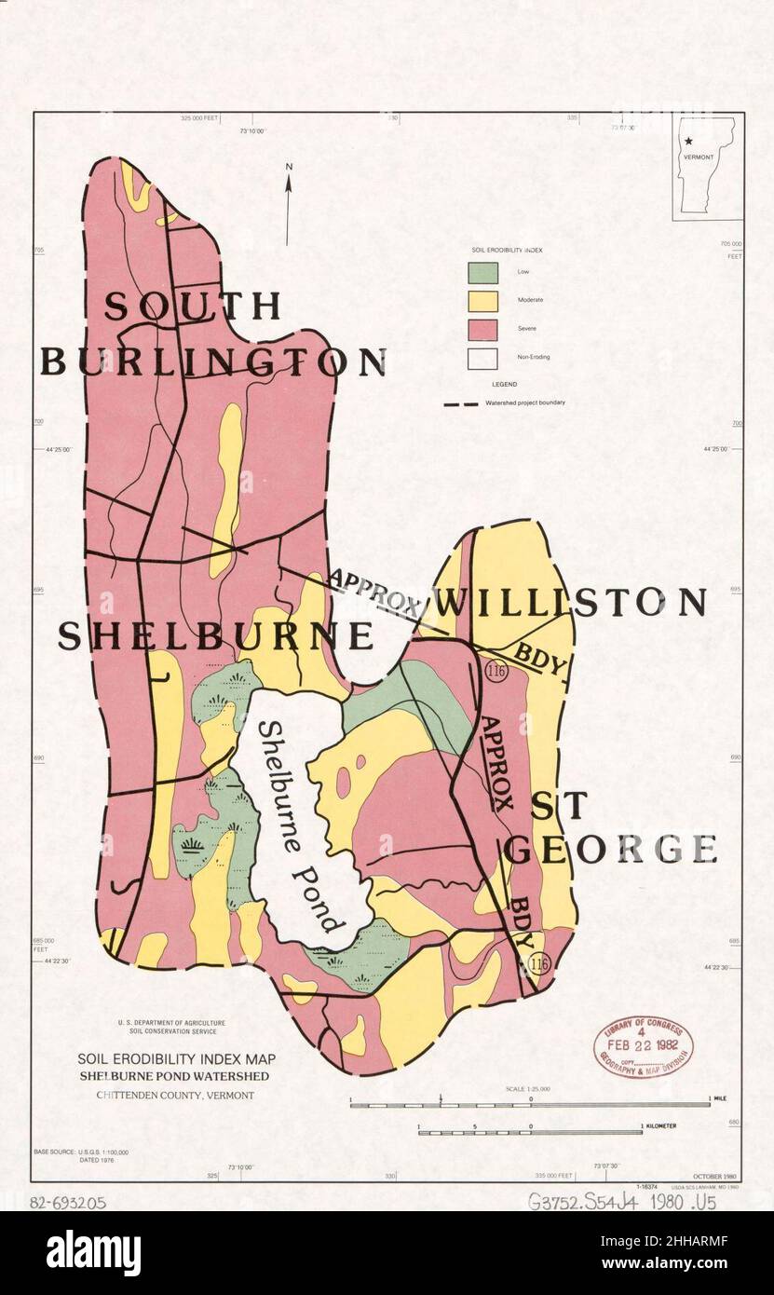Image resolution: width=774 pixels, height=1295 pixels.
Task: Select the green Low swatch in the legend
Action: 482,271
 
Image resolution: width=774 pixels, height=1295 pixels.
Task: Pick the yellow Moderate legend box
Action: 482,300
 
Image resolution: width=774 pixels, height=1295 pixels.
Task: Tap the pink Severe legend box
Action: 482,329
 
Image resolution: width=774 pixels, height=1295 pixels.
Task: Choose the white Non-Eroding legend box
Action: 482,358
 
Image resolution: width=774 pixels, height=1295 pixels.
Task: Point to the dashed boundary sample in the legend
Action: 461,404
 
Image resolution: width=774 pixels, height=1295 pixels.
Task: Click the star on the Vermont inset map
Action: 688,141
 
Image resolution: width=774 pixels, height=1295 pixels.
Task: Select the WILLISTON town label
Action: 570,603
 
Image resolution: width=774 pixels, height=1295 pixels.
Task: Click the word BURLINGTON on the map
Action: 212,361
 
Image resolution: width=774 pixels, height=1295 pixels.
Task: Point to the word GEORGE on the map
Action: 611,849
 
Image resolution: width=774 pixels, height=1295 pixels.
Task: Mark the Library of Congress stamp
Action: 644,1046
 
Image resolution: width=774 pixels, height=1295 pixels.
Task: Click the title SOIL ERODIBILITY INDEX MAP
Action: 175,1059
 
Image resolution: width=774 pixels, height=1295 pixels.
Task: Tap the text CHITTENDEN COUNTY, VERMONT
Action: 175,1095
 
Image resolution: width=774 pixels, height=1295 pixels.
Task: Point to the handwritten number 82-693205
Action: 69,1203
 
